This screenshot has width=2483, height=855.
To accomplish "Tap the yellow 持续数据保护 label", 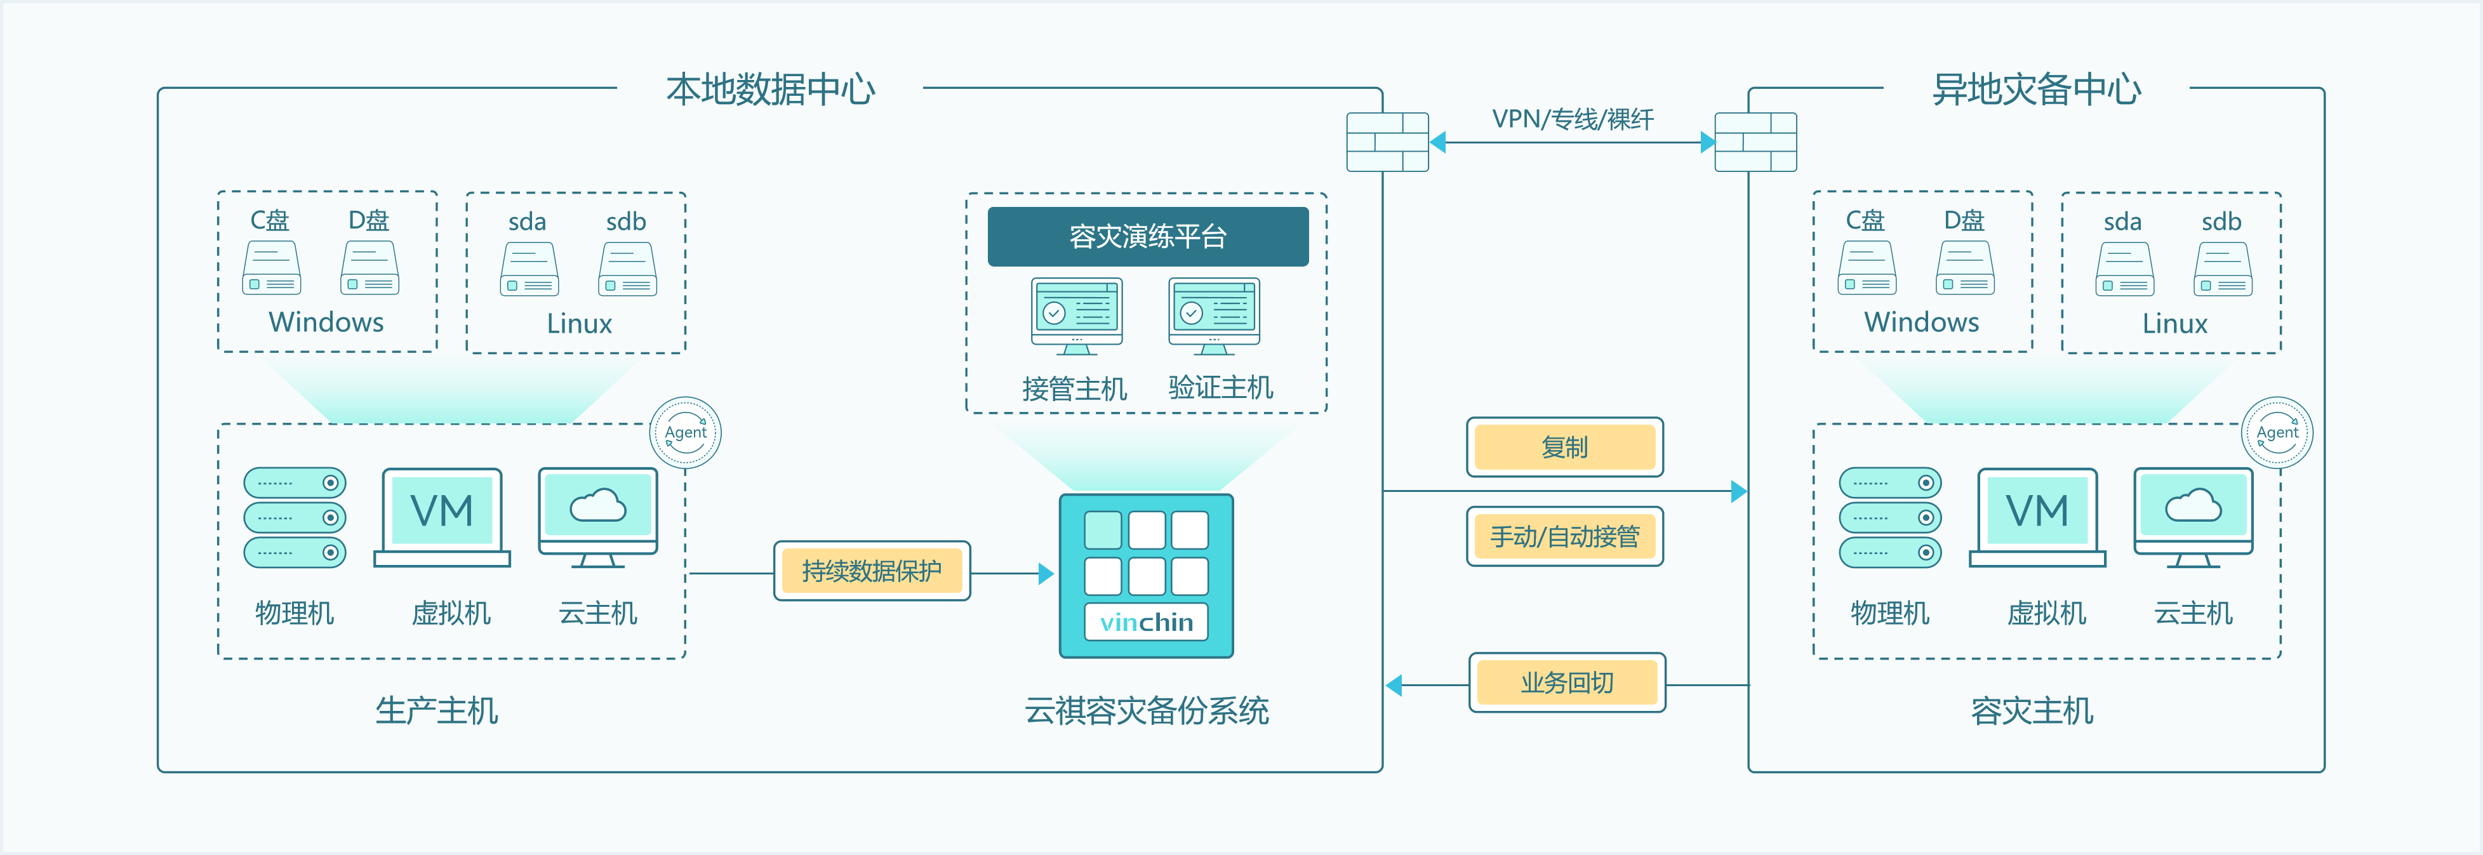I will point(871,571).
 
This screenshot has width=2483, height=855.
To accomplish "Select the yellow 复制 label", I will point(1564,447).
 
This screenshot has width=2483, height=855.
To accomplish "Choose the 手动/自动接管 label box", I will point(1564,536).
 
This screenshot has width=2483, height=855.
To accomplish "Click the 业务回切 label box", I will point(1566,682).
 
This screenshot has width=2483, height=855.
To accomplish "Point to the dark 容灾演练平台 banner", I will point(1147,236).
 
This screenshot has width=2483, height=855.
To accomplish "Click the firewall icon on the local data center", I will point(1387,142).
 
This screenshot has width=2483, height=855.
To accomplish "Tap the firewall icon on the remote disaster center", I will point(1755,142).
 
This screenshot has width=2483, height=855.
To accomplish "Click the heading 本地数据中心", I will point(770,89).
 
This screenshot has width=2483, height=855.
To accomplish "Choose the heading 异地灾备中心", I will point(2036,89).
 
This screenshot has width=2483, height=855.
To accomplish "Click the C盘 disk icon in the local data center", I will point(272,268).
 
